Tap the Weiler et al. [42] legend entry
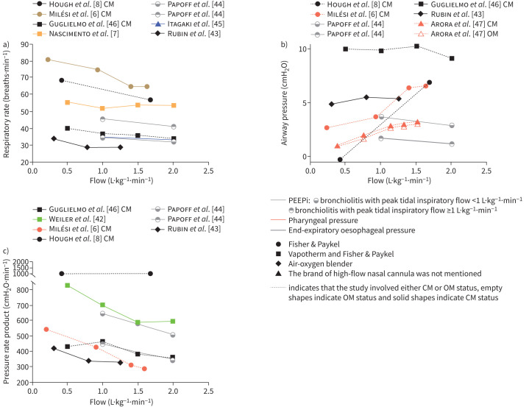coord(69,219)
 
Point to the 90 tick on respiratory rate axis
coord(24,45)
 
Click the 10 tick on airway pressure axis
coord(302,49)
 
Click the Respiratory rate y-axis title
coord(7,104)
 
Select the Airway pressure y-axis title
coord(285,103)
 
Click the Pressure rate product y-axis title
coord(6,323)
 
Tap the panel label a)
coord(6,45)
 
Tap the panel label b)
coord(284,45)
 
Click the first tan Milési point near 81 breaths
coord(48,60)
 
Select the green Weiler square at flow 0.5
coord(68,285)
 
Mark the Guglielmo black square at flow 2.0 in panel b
coord(452,58)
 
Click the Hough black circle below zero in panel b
coord(340,160)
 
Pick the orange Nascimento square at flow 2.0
coord(174,105)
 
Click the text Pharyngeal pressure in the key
coord(323,220)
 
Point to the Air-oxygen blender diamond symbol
coord(278,263)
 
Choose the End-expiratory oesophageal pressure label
coord(352,230)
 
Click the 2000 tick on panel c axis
coord(21,262)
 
